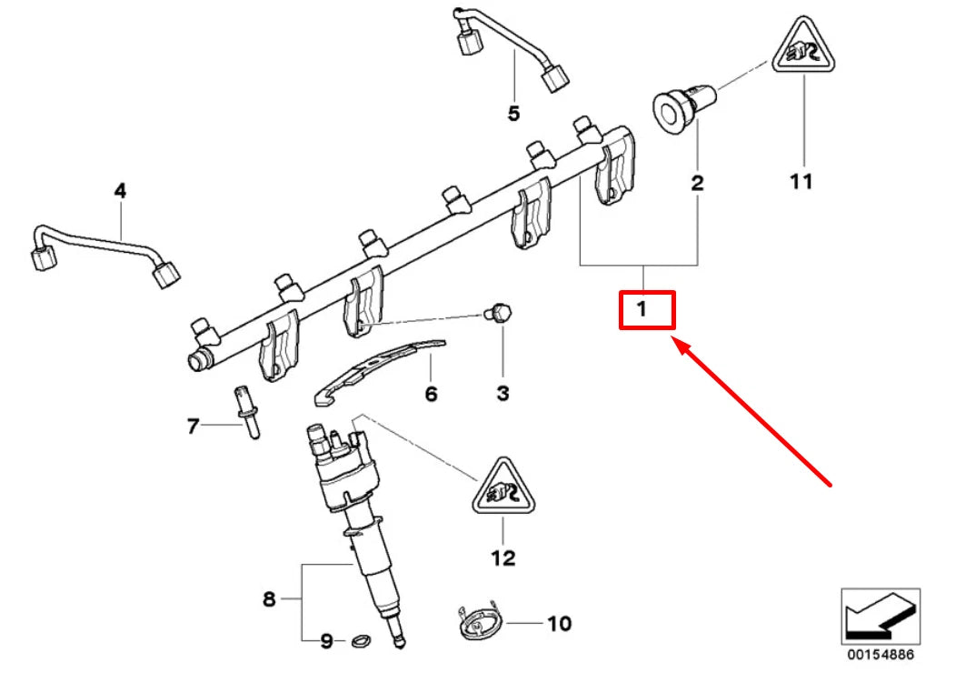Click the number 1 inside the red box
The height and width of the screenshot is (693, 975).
tap(642, 310)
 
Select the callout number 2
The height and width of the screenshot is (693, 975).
tap(697, 183)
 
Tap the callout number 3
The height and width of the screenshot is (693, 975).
tap(502, 394)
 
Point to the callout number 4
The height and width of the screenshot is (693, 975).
tap(120, 191)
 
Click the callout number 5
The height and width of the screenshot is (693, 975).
tap(513, 114)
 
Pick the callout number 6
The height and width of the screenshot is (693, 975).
tap(431, 394)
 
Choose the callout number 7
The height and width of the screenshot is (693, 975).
tap(192, 426)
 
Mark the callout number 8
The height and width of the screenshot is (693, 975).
tap(268, 599)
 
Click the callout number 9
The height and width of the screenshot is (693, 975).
tap(326, 642)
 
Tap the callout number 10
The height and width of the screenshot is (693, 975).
tap(559, 624)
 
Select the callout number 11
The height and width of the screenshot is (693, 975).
tap(801, 182)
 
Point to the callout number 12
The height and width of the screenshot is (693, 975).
tap(502, 557)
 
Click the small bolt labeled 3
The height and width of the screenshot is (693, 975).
tap(499, 312)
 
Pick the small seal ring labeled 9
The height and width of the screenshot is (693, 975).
tap(360, 642)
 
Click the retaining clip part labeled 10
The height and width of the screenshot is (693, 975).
tap(477, 623)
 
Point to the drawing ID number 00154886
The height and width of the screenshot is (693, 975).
tap(880, 654)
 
